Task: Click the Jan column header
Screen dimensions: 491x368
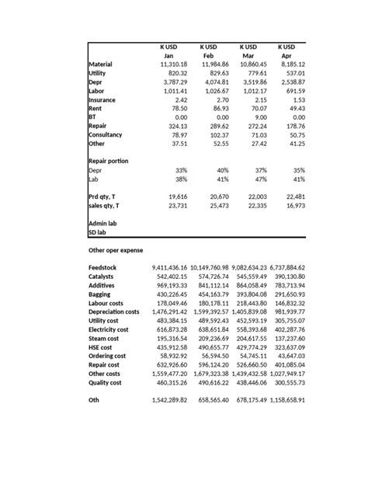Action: click(168, 56)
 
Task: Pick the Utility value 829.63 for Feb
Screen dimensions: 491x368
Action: click(214, 73)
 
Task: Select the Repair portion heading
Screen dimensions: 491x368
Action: click(109, 161)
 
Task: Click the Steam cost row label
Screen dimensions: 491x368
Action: click(108, 339)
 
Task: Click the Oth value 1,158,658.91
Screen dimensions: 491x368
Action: click(285, 400)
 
